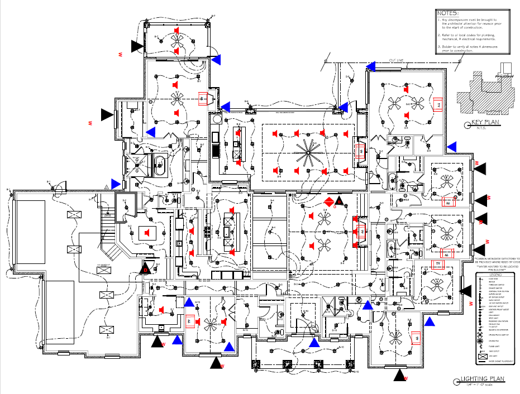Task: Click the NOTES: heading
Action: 448,13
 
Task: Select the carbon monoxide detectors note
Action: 497,261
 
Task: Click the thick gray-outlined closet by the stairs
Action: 126,208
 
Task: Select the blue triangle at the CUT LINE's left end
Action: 370,66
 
